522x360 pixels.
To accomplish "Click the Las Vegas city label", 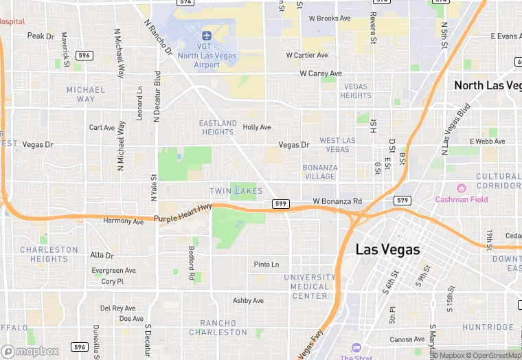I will [x=387, y=249].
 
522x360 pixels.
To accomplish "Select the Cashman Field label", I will [x=462, y=199].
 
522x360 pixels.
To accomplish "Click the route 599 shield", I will [x=280, y=204].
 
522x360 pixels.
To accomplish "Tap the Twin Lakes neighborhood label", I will [x=236, y=190].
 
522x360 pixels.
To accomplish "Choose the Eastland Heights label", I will [x=218, y=127].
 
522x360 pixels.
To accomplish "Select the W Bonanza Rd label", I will [x=337, y=201].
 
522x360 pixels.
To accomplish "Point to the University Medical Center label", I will [x=310, y=286].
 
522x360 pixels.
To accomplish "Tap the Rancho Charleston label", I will [x=223, y=327].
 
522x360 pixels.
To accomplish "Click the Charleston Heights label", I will [x=49, y=254].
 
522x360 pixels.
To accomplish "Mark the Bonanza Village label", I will [x=319, y=172].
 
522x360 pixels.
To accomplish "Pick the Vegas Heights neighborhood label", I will [x=356, y=91].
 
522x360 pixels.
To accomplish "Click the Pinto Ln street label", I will [x=266, y=265].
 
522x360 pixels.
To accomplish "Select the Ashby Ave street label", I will [x=248, y=301].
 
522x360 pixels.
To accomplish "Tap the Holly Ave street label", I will [x=257, y=127].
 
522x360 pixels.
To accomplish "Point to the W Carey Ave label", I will [x=321, y=74].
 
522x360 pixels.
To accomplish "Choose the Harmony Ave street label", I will [x=123, y=221].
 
